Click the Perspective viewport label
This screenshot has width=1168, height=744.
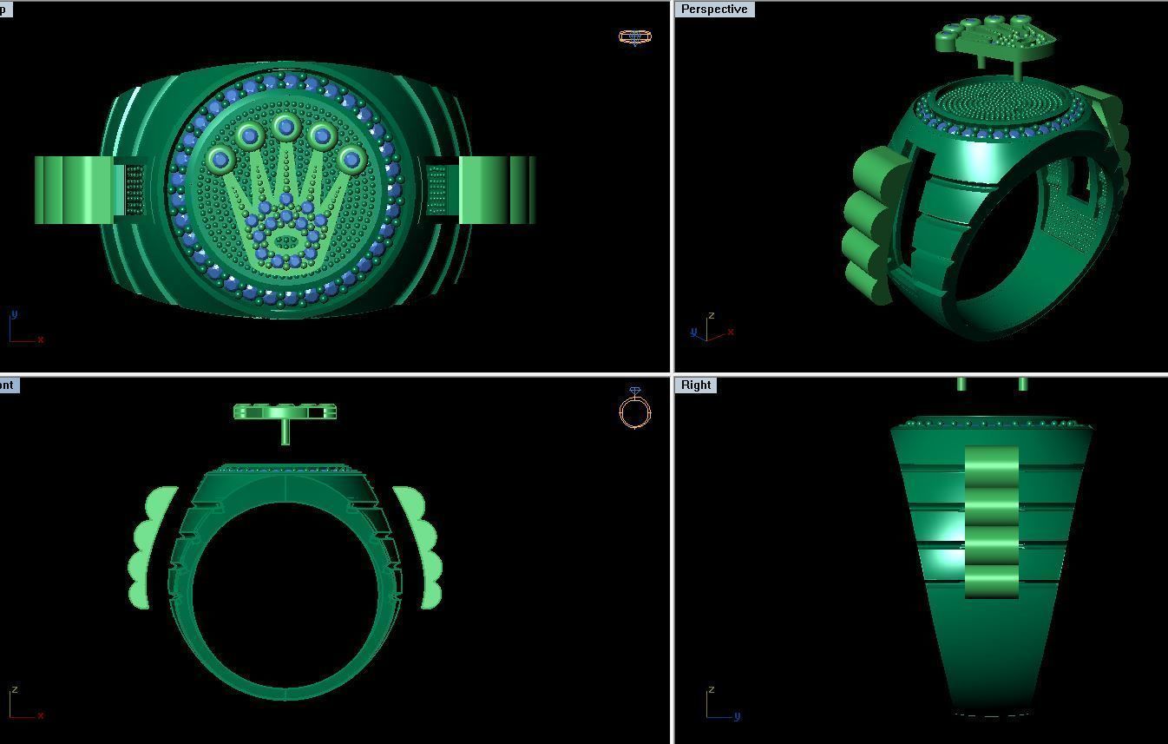[714, 10]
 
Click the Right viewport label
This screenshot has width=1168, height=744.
[696, 385]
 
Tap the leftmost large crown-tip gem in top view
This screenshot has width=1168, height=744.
[220, 159]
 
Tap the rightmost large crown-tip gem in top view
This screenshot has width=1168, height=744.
[351, 159]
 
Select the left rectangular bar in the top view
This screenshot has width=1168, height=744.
[74, 190]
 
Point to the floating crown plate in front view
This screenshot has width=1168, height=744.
[285, 412]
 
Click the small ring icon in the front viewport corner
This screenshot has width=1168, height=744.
[635, 408]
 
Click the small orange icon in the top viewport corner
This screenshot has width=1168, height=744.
[634, 36]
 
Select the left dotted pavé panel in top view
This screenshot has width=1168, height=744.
[135, 190]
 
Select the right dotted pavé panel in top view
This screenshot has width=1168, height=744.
[436, 190]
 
